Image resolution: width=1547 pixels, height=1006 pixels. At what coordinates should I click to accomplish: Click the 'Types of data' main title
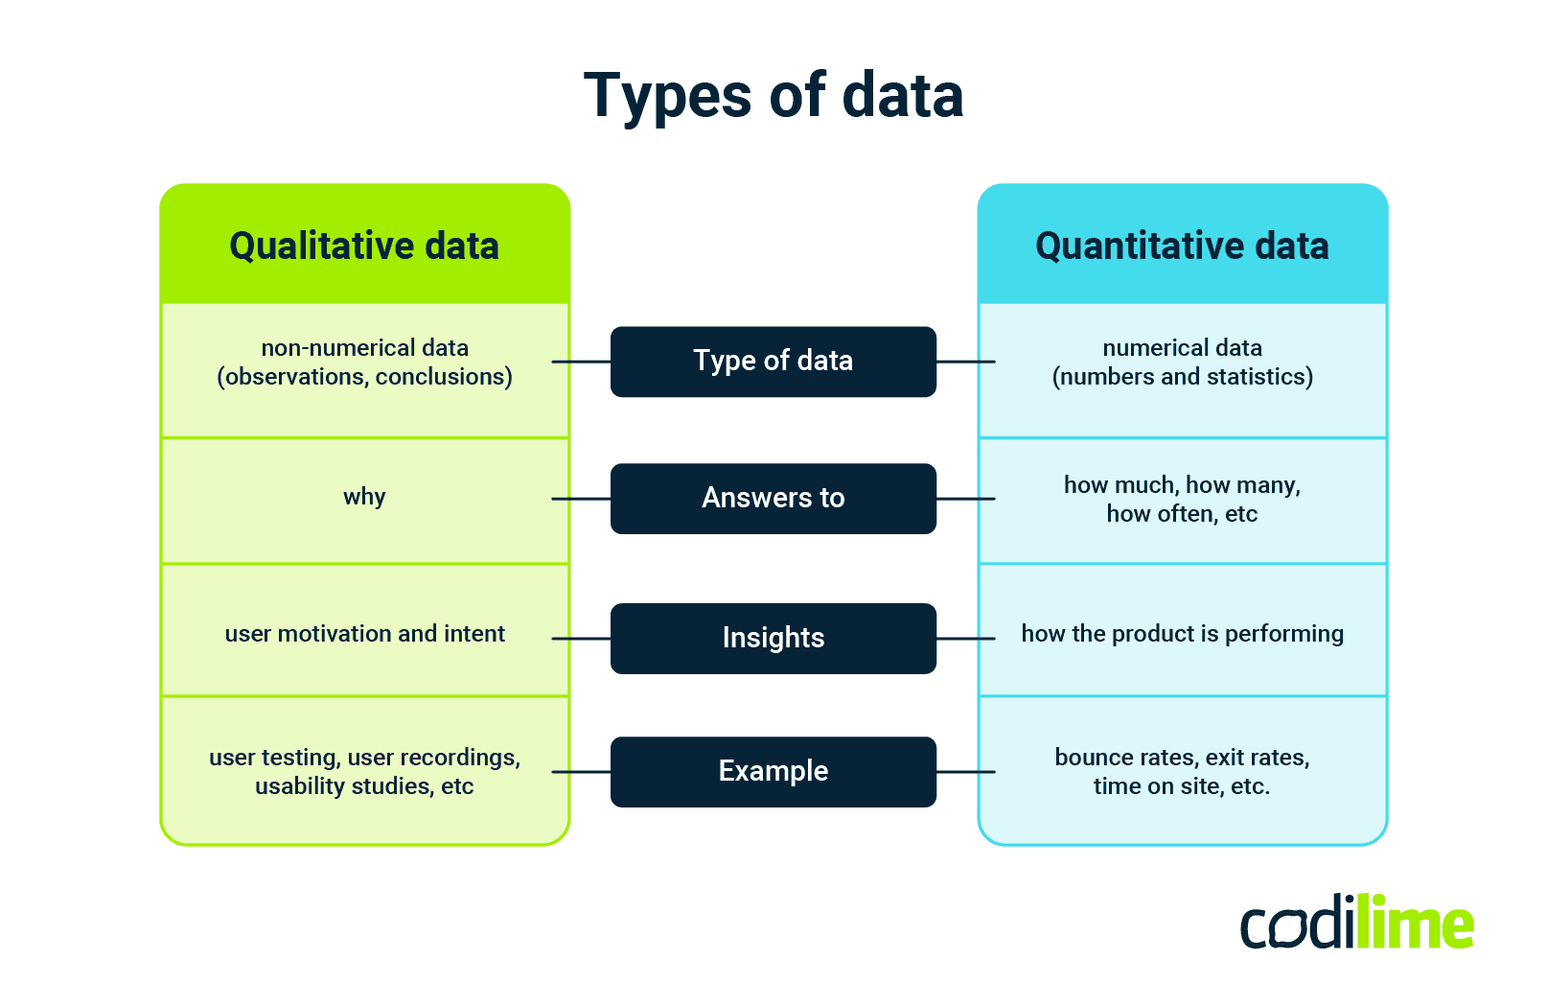click(773, 96)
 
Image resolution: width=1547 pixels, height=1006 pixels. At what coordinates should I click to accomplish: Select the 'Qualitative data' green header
click(364, 246)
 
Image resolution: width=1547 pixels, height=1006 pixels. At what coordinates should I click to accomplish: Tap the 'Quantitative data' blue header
click(1182, 246)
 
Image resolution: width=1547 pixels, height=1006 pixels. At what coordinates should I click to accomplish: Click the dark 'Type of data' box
click(773, 362)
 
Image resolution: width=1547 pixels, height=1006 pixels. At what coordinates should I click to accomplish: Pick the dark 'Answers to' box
click(773, 499)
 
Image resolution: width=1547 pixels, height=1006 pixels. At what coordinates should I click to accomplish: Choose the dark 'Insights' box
click(773, 638)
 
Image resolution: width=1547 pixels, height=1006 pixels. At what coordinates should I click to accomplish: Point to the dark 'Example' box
click(773, 771)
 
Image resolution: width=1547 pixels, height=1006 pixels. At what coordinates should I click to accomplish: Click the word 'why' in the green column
click(364, 497)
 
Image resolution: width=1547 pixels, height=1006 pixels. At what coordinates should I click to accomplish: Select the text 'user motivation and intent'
click(364, 634)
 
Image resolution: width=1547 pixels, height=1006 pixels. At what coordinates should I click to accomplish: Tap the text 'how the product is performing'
click(1182, 634)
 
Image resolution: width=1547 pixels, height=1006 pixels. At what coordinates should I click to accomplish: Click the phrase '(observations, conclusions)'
click(364, 377)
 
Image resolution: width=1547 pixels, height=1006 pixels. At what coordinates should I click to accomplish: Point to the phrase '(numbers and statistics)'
click(1182, 377)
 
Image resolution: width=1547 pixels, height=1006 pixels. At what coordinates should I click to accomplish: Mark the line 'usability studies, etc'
click(364, 786)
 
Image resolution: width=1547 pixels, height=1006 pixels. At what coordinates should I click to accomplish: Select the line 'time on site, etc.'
click(1181, 786)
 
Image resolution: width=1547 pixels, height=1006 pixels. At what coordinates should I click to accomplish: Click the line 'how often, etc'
click(1182, 514)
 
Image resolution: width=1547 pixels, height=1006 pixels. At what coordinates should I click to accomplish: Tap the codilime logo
click(1356, 924)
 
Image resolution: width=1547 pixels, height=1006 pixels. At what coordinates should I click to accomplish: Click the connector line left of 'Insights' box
click(582, 638)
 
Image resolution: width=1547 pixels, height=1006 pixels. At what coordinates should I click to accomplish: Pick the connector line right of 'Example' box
click(965, 772)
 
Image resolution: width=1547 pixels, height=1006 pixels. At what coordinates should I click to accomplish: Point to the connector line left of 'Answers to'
click(582, 499)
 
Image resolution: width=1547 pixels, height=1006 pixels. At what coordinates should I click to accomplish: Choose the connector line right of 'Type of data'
click(965, 362)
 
